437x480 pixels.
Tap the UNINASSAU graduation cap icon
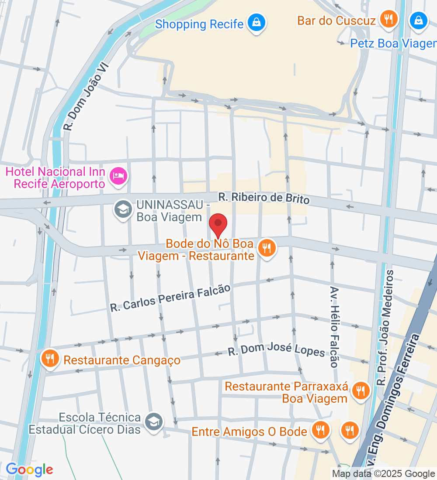[x=123, y=210]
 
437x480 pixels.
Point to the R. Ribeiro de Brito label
[x=264, y=199]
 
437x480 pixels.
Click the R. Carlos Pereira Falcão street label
[x=170, y=298]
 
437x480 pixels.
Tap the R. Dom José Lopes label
[x=276, y=350]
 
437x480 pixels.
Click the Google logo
[x=29, y=470]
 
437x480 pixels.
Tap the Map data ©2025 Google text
[x=383, y=473]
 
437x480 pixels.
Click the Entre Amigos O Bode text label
[x=249, y=432]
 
